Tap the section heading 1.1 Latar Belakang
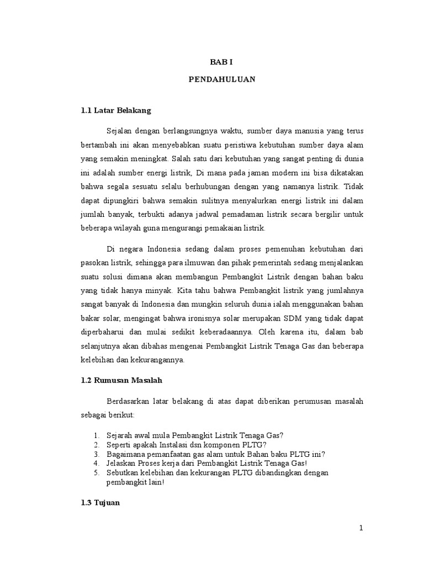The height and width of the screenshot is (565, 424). tap(115, 110)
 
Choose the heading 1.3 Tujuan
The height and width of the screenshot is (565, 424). tap(100, 503)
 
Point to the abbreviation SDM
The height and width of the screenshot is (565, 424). tap(283, 318)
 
